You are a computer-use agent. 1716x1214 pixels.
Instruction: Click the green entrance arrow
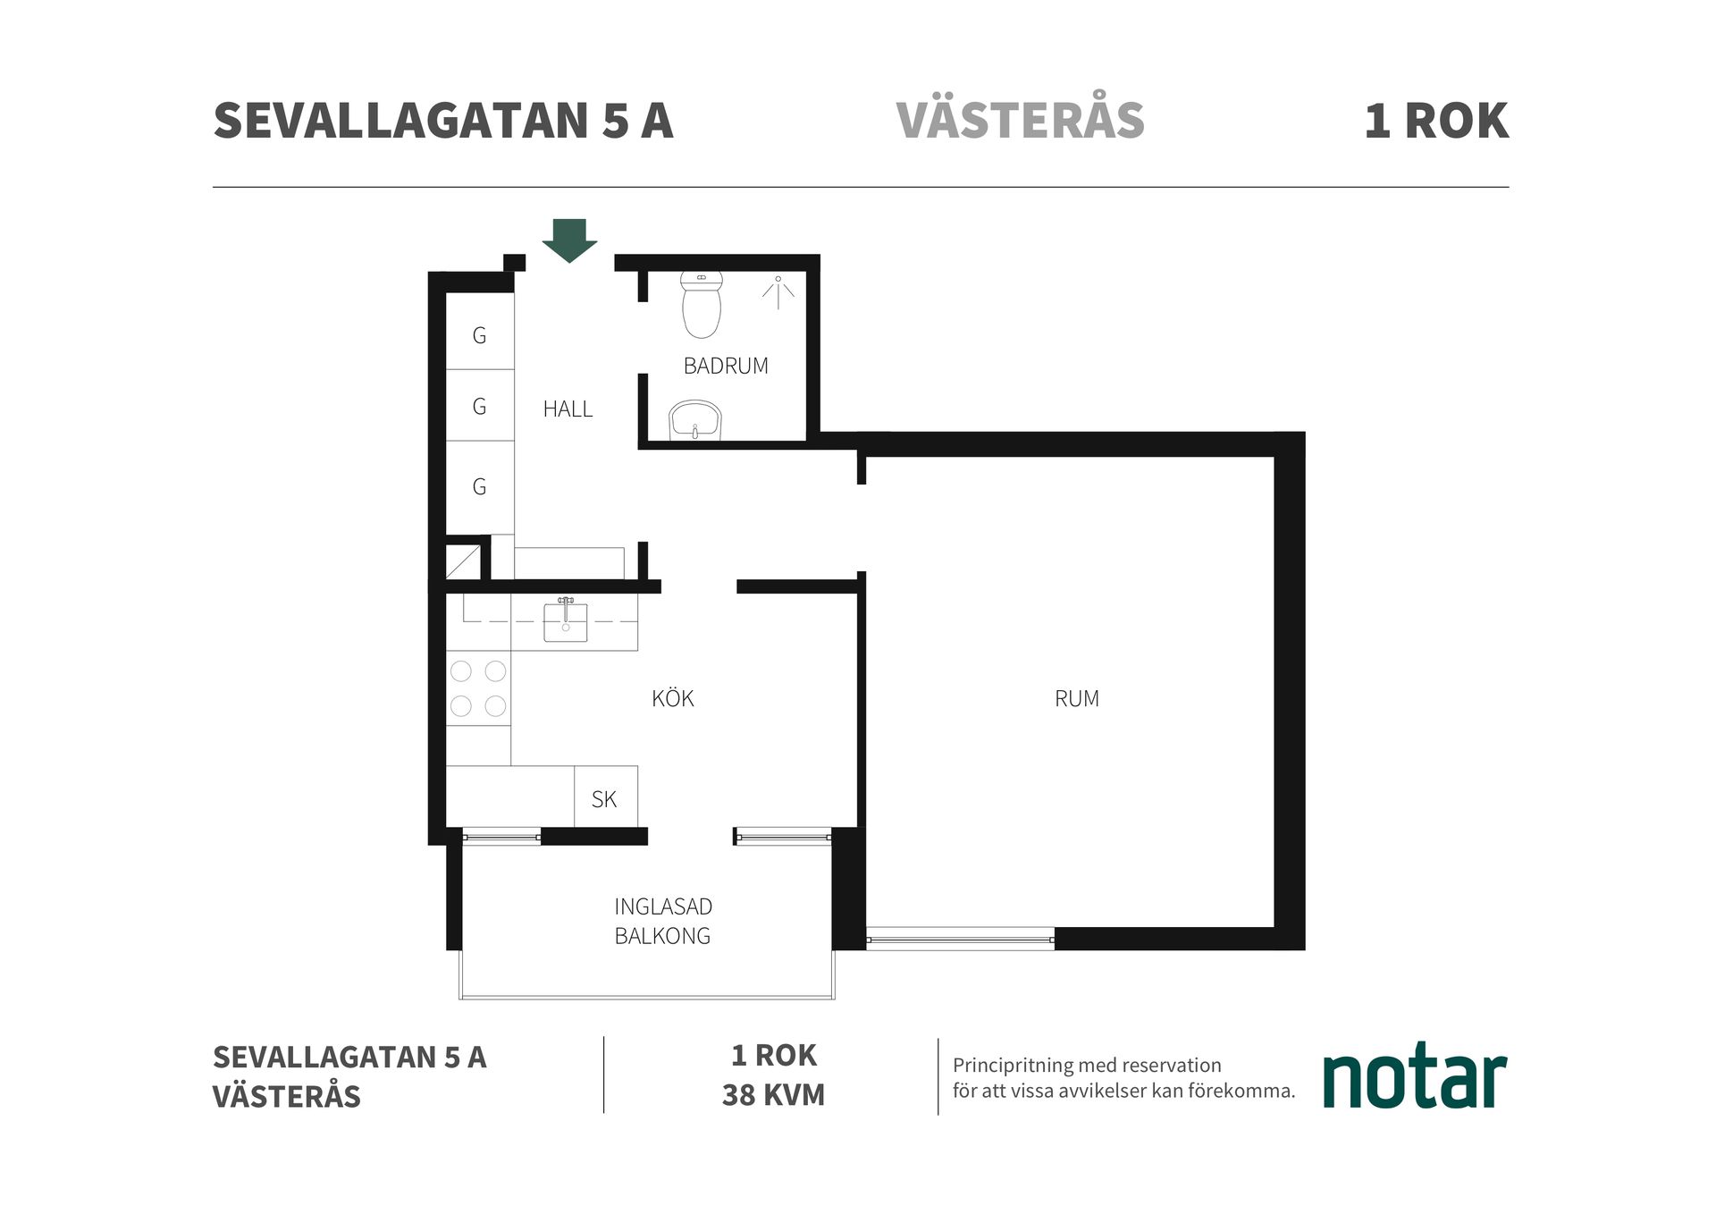point(569,239)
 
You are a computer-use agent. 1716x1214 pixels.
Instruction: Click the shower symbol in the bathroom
point(778,291)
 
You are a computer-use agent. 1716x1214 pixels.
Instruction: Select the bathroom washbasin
point(695,421)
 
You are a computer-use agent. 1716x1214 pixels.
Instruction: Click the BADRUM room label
point(725,366)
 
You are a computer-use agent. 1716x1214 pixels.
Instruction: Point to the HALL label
point(568,409)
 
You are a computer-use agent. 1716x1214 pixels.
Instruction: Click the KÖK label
point(672,699)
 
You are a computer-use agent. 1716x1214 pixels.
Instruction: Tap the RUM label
point(1076,699)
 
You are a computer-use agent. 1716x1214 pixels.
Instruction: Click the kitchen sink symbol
point(566,621)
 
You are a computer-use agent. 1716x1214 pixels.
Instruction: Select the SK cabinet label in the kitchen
point(604,799)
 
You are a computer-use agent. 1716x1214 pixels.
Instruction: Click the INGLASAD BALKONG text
point(662,921)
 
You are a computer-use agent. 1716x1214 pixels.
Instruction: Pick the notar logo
point(1414,1077)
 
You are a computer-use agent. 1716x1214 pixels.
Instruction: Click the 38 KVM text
point(773,1095)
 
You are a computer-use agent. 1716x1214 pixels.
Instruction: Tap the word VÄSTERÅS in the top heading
point(1020,121)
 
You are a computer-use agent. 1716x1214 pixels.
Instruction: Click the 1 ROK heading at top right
point(1435,121)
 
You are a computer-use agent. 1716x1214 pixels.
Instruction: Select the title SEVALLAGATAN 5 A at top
point(442,121)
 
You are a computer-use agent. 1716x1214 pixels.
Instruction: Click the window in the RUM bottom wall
point(960,940)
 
